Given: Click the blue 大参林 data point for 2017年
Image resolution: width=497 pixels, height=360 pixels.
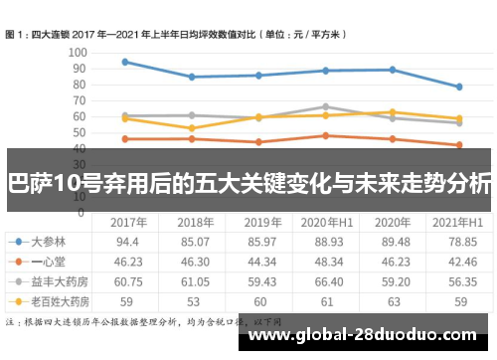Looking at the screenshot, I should pyautogui.click(x=125, y=62).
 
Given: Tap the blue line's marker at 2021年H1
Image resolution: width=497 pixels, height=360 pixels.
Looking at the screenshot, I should pyautogui.click(x=458, y=87).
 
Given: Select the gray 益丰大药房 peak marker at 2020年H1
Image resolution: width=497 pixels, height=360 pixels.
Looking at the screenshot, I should pyautogui.click(x=326, y=106).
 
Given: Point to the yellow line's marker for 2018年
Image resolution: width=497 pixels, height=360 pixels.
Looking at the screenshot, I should pyautogui.click(x=192, y=128).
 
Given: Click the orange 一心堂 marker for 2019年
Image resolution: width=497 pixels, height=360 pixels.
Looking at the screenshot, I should pyautogui.click(x=258, y=142).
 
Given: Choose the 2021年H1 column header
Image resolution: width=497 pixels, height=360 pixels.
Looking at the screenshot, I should pyautogui.click(x=458, y=222).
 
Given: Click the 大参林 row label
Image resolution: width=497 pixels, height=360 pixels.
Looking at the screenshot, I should pyautogui.click(x=50, y=241).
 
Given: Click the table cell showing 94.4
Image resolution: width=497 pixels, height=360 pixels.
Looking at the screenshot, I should pyautogui.click(x=126, y=241).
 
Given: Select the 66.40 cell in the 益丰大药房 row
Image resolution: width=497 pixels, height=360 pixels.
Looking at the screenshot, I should pyautogui.click(x=327, y=279).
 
